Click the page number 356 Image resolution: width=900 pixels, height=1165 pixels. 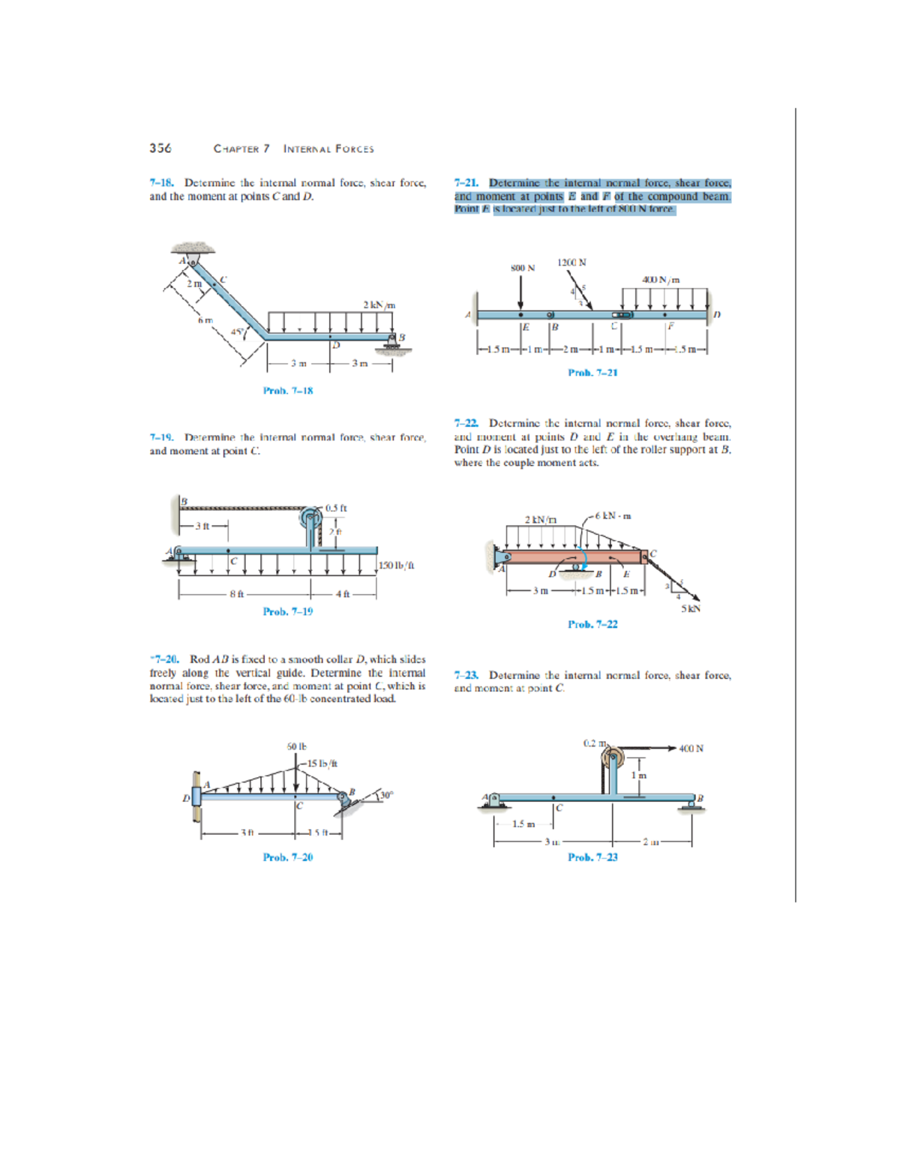(160, 148)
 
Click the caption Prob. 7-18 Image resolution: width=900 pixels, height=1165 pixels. (288, 390)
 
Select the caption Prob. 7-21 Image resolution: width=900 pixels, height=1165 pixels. (592, 372)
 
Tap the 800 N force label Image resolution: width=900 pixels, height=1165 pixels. (523, 268)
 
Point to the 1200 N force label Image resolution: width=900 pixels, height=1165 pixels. (571, 263)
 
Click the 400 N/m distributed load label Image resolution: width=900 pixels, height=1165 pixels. (661, 279)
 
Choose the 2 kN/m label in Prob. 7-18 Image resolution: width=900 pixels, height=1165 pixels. (379, 305)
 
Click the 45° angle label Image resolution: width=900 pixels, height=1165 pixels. (236, 332)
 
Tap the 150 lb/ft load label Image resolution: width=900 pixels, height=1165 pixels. (397, 566)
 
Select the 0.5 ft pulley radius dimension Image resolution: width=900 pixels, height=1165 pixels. (337, 508)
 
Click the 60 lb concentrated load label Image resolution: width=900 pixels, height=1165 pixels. (297, 746)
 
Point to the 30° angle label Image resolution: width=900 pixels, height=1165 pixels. (385, 794)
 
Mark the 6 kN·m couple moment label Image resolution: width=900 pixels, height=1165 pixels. (614, 515)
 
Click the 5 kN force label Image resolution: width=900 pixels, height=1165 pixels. (691, 608)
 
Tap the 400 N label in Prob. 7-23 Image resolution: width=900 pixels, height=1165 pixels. (691, 748)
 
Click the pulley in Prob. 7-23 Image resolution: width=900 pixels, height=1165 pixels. (611, 757)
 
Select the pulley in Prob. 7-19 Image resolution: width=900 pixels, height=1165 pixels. (311, 518)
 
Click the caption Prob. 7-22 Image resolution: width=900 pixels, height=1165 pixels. (592, 624)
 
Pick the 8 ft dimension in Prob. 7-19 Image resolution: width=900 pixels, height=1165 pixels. (236, 593)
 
